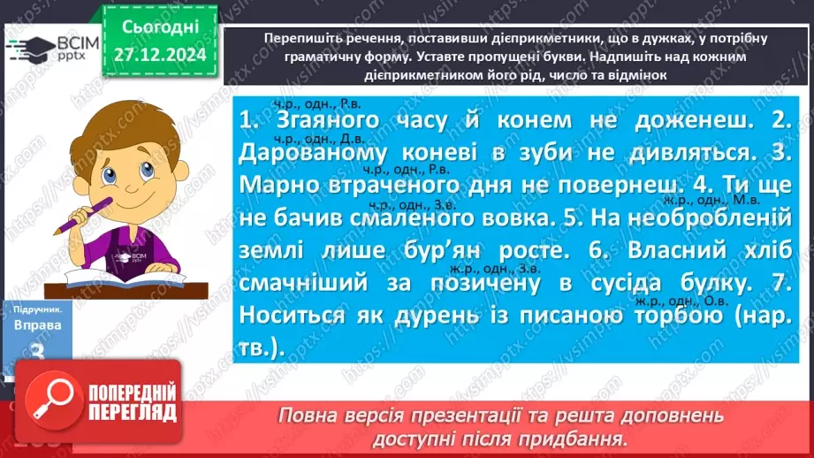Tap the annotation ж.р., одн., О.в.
[x=673, y=299]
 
